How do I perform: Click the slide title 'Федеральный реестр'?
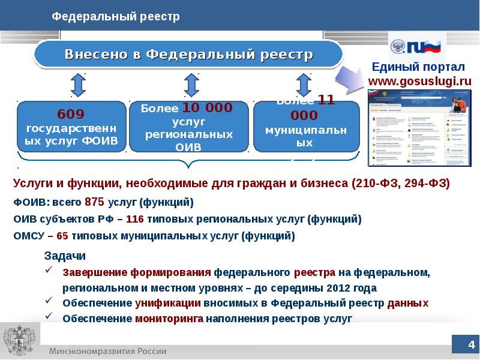[116, 17]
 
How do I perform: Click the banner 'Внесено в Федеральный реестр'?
[189, 55]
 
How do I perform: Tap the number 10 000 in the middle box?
[206, 108]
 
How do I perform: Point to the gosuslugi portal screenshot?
[419, 127]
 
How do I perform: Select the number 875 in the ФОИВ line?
[95, 202]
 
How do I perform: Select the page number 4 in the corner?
[470, 344]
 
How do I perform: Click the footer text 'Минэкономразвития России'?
[108, 351]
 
